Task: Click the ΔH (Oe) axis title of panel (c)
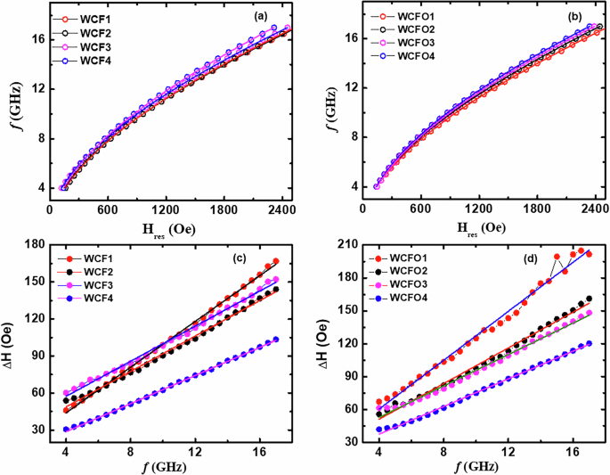[x=12, y=343]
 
